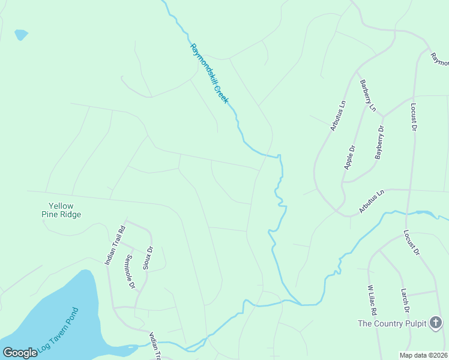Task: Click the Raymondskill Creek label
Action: coord(209,73)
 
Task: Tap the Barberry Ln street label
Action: coord(367,96)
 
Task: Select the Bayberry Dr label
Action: coord(379,143)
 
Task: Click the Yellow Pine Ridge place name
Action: coord(61,210)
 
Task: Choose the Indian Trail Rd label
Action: coord(114,245)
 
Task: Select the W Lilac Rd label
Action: coord(372,300)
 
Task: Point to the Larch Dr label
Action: coord(406,301)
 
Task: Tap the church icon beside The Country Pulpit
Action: coord(436,323)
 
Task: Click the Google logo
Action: coord(20,353)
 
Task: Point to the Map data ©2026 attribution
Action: coord(423,355)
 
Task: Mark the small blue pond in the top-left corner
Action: coord(21,34)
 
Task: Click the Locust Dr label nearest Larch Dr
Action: coord(411,242)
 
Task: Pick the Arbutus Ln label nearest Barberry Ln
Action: coord(338,115)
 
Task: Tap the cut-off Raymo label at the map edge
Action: coord(440,59)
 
